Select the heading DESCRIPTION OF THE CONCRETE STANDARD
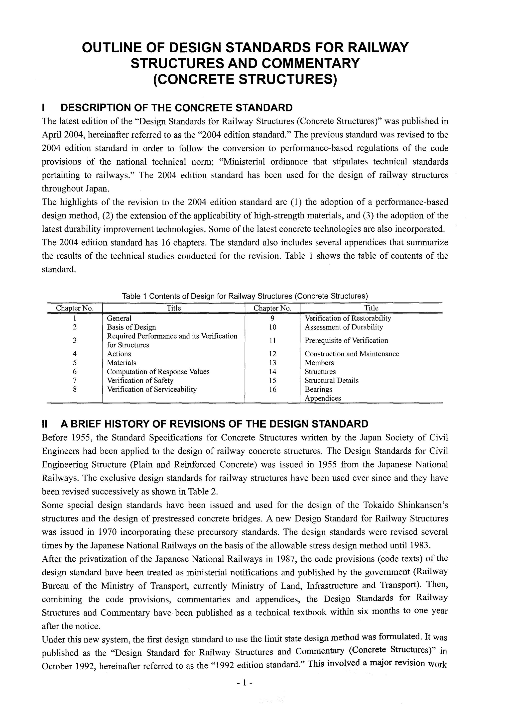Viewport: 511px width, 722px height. [176, 107]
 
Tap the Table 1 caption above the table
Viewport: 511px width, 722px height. [245, 296]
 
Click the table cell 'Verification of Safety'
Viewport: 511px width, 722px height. [140, 381]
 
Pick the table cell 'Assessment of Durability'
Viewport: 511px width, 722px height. [344, 327]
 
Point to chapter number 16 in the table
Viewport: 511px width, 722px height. [272, 389]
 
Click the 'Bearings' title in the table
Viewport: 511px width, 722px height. [318, 389]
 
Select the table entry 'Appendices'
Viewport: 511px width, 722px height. [323, 398]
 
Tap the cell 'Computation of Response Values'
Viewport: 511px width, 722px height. [158, 372]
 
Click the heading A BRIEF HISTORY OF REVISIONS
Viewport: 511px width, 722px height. [214, 424]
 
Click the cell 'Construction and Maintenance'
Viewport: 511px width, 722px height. [352, 354]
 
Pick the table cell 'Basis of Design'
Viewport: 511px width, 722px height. [131, 327]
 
